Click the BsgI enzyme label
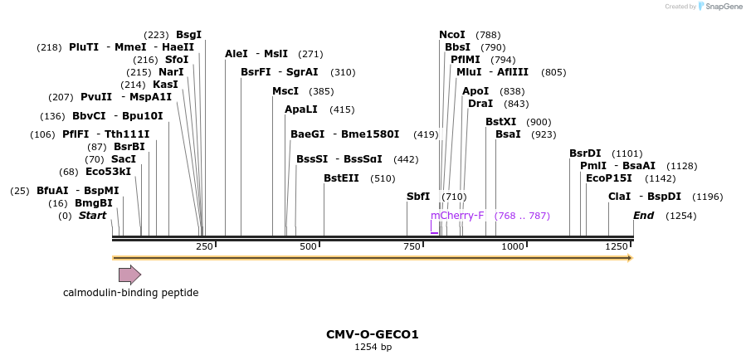(x=188, y=35)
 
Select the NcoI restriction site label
(x=452, y=35)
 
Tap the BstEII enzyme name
(x=341, y=178)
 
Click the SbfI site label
(x=418, y=197)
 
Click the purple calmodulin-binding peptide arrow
(x=129, y=275)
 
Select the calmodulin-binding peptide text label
(x=131, y=293)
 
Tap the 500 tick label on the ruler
(x=309, y=247)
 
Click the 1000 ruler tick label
(x=513, y=247)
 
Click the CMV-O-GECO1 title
(x=373, y=335)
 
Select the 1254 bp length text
(x=373, y=348)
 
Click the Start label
(x=93, y=216)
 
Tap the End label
(x=643, y=216)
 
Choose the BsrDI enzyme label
(x=585, y=153)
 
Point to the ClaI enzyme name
(x=620, y=197)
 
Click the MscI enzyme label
(x=285, y=91)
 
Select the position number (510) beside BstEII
(x=383, y=178)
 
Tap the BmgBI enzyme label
(x=94, y=203)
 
